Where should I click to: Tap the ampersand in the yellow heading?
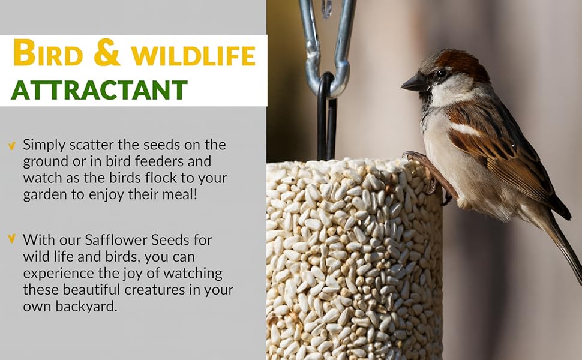click(x=107, y=54)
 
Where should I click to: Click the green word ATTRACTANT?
click(x=99, y=90)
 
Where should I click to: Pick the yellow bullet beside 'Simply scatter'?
click(x=11, y=145)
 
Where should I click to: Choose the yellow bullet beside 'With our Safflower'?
click(x=11, y=239)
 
